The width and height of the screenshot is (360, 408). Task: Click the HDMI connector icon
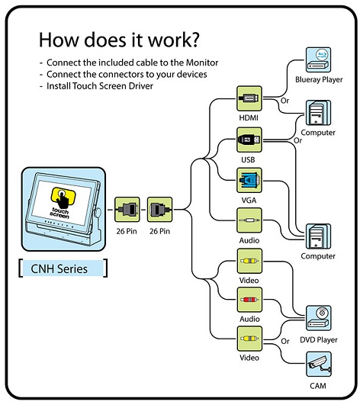point(249,98)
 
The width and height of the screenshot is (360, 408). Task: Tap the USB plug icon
point(249,140)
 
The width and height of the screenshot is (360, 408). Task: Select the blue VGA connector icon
point(249,180)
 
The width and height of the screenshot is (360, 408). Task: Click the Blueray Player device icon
point(318,59)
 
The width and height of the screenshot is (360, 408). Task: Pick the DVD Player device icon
point(318,318)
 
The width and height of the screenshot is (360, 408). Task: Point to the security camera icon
point(318,365)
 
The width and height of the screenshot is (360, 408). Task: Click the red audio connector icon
point(249,300)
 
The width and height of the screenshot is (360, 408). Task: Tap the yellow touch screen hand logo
point(63,198)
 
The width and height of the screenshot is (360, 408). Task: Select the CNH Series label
point(59,268)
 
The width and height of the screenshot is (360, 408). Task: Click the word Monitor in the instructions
point(201,63)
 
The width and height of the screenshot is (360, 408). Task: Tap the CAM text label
point(318,386)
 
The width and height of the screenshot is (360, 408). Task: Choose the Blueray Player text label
point(319,79)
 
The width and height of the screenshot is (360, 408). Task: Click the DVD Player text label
point(319,339)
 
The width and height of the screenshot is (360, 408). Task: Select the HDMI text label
point(249,118)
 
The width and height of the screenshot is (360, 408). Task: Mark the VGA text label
point(249,201)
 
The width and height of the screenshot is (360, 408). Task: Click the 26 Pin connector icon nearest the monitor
point(127,210)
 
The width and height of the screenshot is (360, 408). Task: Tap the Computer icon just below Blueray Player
point(318,113)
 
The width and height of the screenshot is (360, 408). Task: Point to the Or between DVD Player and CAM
point(285,341)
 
